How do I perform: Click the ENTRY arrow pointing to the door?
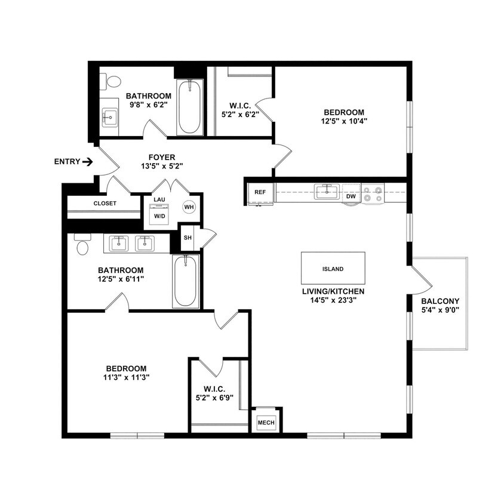[x=87, y=161]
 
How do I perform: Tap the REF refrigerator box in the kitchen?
[x=260, y=192]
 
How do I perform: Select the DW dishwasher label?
[x=351, y=195]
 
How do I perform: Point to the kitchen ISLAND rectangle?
[x=333, y=269]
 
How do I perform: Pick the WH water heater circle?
[x=189, y=207]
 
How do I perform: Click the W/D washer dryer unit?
[x=159, y=214]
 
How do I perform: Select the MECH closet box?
[x=266, y=423]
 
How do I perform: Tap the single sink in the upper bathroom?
[x=110, y=118]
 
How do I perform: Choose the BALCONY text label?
[x=440, y=301]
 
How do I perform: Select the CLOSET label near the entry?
[x=105, y=203]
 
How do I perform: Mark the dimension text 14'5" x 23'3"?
[x=333, y=302]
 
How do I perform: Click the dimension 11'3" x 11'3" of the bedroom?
[x=126, y=377]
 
